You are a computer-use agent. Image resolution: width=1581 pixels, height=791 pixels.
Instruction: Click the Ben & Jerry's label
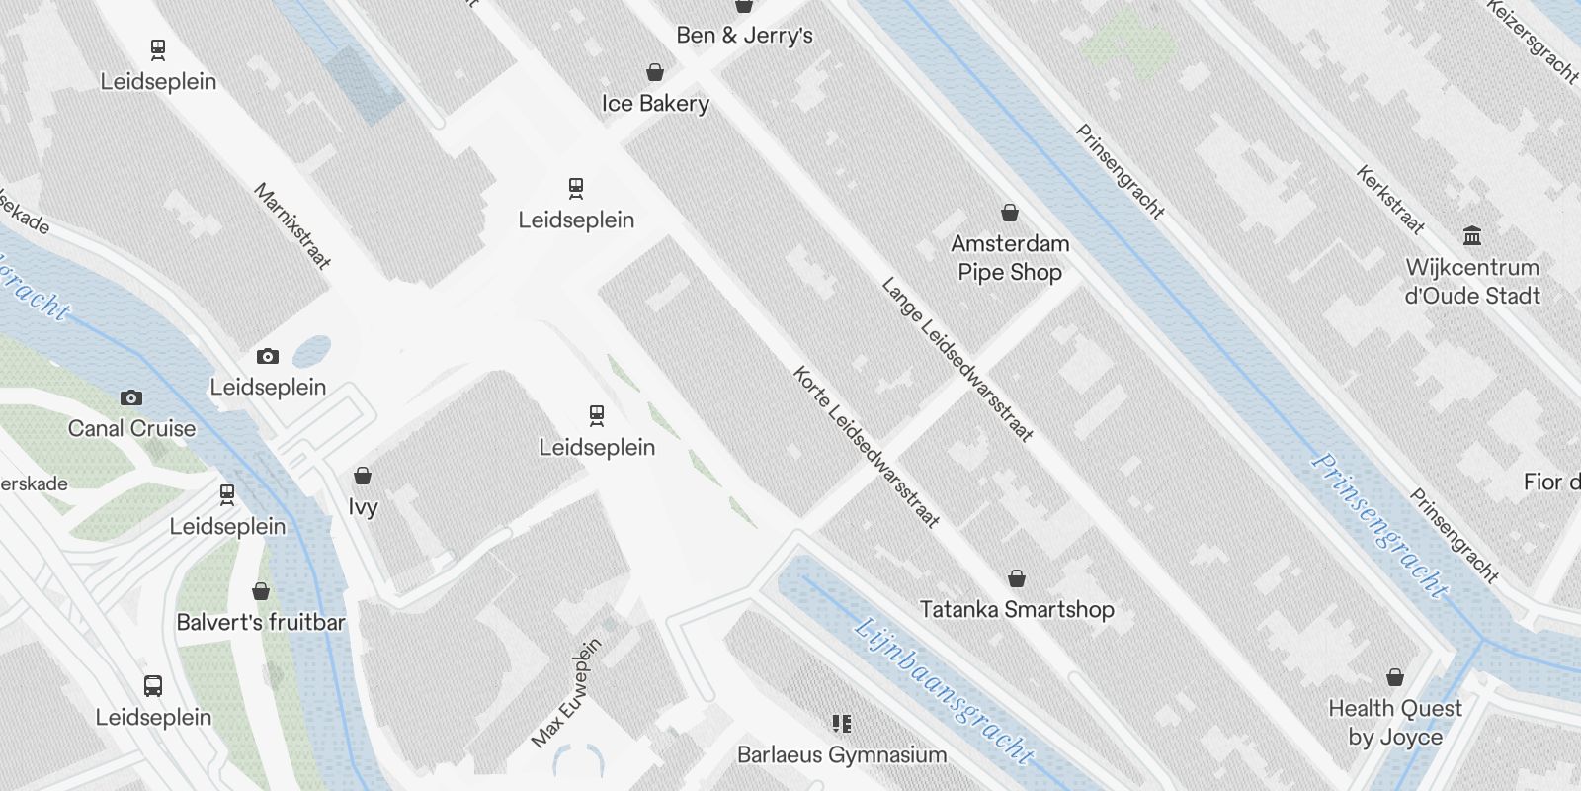pyautogui.click(x=744, y=36)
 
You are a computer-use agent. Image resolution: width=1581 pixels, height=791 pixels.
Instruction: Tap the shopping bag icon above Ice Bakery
pyautogui.click(x=654, y=72)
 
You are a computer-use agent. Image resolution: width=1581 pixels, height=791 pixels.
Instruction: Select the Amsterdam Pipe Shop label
pyautogui.click(x=1010, y=258)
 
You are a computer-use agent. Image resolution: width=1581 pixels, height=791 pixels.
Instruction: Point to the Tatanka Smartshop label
pyautogui.click(x=1017, y=609)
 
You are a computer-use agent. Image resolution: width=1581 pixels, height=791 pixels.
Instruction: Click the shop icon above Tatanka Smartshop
pyautogui.click(x=1017, y=578)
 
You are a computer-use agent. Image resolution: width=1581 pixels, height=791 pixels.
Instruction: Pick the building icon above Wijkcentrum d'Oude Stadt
pyautogui.click(x=1472, y=235)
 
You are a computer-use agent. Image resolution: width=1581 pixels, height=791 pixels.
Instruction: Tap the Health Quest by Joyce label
pyautogui.click(x=1394, y=723)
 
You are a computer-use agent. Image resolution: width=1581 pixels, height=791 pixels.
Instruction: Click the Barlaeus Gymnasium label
pyautogui.click(x=842, y=755)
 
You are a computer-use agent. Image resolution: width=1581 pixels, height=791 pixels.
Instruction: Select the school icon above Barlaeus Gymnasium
pyautogui.click(x=842, y=724)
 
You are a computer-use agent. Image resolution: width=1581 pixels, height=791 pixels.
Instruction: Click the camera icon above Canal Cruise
pyautogui.click(x=130, y=397)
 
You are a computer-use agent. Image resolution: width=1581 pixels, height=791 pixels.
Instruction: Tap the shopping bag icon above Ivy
pyautogui.click(x=363, y=476)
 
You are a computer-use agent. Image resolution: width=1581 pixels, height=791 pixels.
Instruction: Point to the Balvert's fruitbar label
pyautogui.click(x=261, y=623)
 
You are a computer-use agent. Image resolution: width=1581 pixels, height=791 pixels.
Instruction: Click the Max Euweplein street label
pyautogui.click(x=566, y=694)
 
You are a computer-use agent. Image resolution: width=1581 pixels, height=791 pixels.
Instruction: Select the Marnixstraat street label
pyautogui.click(x=292, y=226)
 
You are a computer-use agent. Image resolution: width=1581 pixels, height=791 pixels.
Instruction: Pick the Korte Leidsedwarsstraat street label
pyautogui.click(x=866, y=447)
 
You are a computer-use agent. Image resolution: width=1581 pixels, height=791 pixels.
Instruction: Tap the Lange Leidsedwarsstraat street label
pyautogui.click(x=957, y=359)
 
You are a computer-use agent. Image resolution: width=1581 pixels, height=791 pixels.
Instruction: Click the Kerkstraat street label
pyautogui.click(x=1390, y=201)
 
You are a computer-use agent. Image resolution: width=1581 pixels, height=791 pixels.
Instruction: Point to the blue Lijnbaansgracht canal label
pyautogui.click(x=944, y=691)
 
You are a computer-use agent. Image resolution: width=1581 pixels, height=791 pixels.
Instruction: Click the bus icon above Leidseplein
pyautogui.click(x=153, y=686)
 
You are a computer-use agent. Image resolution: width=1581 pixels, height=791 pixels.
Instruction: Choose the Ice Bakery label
pyautogui.click(x=655, y=104)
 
